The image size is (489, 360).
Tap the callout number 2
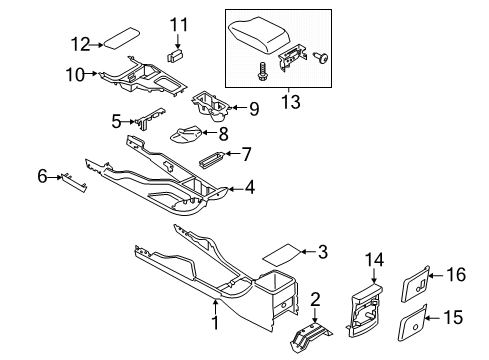click(x=315, y=299)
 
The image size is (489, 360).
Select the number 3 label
click(x=322, y=253)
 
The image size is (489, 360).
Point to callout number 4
click(x=249, y=186)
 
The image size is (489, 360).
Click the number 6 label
click(x=42, y=176)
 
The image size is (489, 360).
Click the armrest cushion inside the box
click(x=261, y=36)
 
